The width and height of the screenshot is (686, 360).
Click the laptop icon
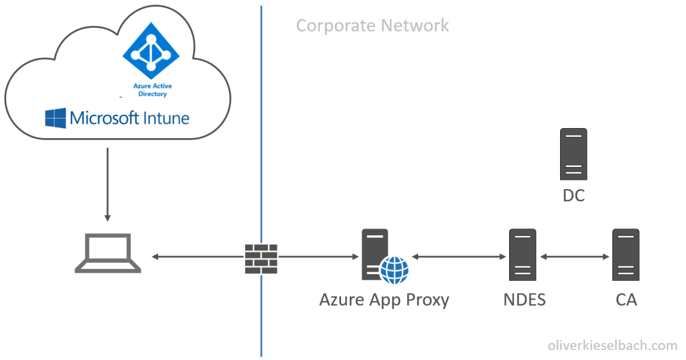(108, 254)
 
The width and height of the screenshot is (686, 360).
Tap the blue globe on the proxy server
(394, 269)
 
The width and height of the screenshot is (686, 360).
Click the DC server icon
(573, 154)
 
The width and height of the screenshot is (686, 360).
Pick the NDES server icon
(522, 255)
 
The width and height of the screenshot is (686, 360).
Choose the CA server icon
(626, 255)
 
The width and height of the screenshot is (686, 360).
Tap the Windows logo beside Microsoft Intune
(56, 119)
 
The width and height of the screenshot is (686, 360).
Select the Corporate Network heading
(372, 26)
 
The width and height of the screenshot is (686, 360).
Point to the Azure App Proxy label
(384, 299)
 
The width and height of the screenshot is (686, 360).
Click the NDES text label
(524, 299)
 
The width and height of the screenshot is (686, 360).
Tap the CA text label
(626, 299)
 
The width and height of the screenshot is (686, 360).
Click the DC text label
(573, 196)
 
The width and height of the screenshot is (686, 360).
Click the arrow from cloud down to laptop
(107, 184)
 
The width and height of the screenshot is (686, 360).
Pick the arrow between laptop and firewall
(196, 257)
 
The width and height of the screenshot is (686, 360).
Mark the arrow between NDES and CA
(574, 257)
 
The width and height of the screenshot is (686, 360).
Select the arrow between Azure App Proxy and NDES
(458, 257)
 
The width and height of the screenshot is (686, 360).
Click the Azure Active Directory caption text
(152, 91)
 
